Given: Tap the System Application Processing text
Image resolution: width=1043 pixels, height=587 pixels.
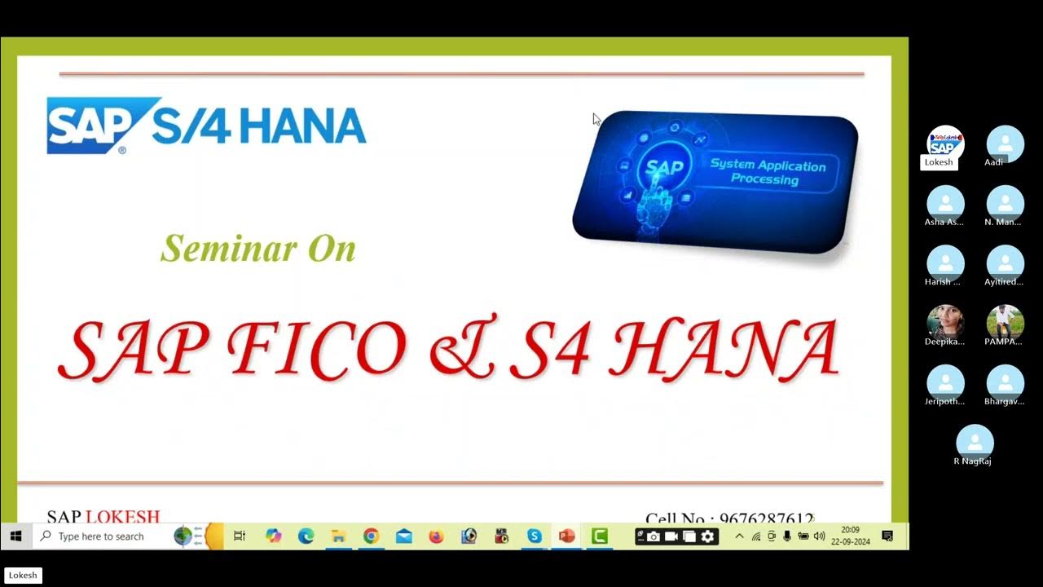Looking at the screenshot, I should tap(768, 172).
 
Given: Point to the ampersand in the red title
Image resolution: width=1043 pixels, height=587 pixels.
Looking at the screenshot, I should tap(461, 348).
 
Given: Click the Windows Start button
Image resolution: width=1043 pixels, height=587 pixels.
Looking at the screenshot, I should tap(15, 536).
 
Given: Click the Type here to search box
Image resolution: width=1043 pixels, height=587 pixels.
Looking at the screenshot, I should tap(101, 536).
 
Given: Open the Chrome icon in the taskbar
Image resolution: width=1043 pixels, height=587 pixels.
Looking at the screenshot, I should tap(371, 536).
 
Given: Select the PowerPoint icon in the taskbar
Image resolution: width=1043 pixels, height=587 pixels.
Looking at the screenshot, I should tap(566, 536).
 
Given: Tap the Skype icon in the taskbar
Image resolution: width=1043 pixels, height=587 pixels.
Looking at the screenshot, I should tap(534, 536).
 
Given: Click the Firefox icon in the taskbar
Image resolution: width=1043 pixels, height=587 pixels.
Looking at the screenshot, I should tap(436, 536).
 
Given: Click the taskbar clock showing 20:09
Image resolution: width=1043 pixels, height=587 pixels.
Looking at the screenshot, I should tap(850, 536).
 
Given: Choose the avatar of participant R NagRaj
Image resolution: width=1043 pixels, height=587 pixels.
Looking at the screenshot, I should tap(975, 443).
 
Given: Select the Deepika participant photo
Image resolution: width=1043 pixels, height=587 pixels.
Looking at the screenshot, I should tap(945, 323).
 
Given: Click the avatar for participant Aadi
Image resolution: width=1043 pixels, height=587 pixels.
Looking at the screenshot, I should tap(1005, 143).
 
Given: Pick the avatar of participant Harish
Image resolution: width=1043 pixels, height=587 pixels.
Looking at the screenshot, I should tap(945, 263).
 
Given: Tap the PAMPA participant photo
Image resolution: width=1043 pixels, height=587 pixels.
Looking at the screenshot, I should tap(1005, 323).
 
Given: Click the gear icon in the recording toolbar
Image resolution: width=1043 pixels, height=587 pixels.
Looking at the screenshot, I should tap(707, 536).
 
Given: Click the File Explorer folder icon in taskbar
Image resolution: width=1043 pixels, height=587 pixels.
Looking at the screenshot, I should tap(338, 536).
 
